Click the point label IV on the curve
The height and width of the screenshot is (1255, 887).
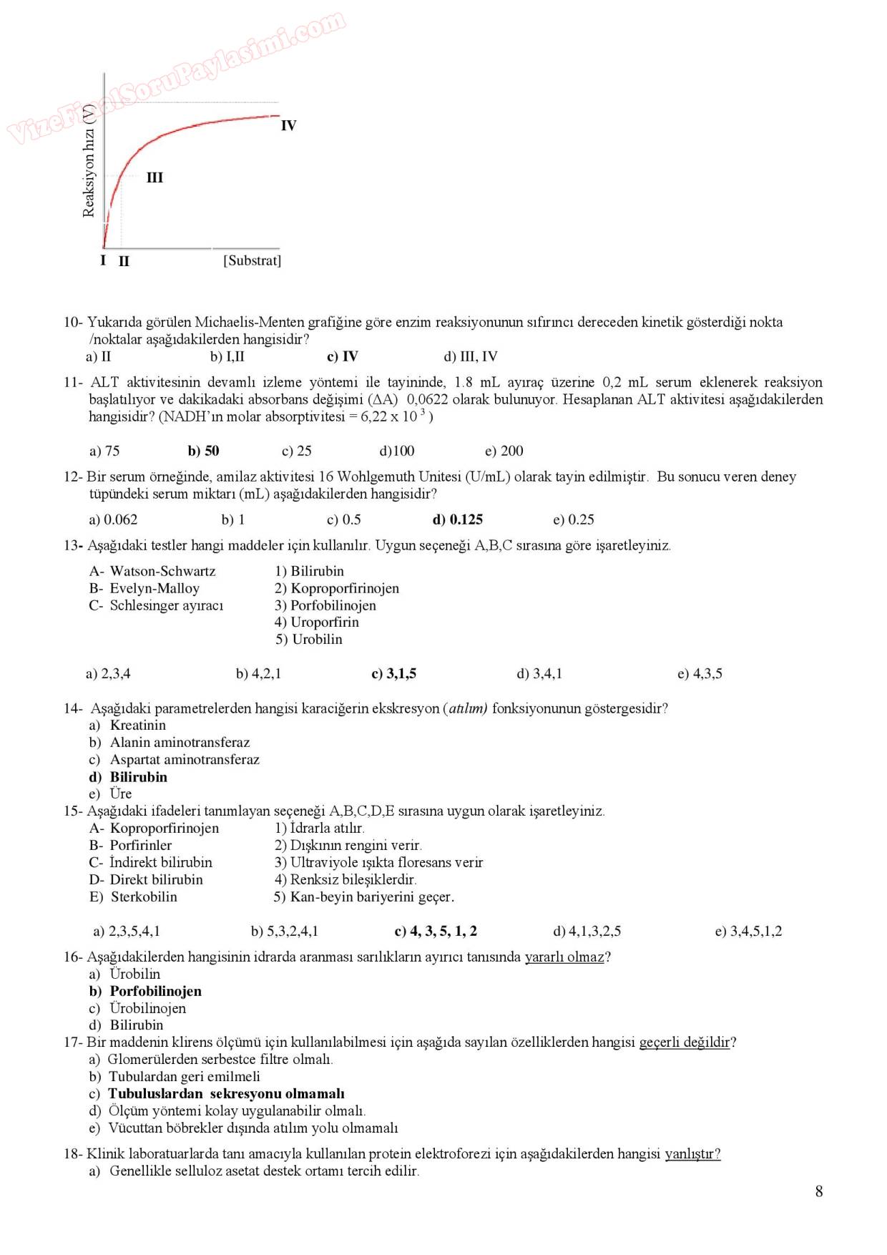288,126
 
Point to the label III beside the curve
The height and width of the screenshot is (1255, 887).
155,177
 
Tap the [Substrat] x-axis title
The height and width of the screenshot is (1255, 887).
252,260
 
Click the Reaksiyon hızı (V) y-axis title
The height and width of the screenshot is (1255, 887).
89,161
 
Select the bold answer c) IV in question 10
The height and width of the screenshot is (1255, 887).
342,356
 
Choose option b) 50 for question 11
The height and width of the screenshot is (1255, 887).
203,451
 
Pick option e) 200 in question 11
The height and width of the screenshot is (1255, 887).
504,451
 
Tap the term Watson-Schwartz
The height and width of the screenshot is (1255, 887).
162,571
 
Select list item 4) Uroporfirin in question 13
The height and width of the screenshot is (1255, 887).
317,622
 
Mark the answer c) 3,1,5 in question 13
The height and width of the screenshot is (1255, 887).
393,673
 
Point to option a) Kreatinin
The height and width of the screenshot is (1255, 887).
127,725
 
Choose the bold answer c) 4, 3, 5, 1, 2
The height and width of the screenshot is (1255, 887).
436,931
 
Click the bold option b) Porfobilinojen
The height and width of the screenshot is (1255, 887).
145,991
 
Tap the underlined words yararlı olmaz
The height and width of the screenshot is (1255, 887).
565,957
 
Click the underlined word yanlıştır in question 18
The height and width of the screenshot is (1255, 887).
692,1153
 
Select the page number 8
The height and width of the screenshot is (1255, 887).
819,1191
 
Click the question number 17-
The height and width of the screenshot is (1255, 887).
74,1042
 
